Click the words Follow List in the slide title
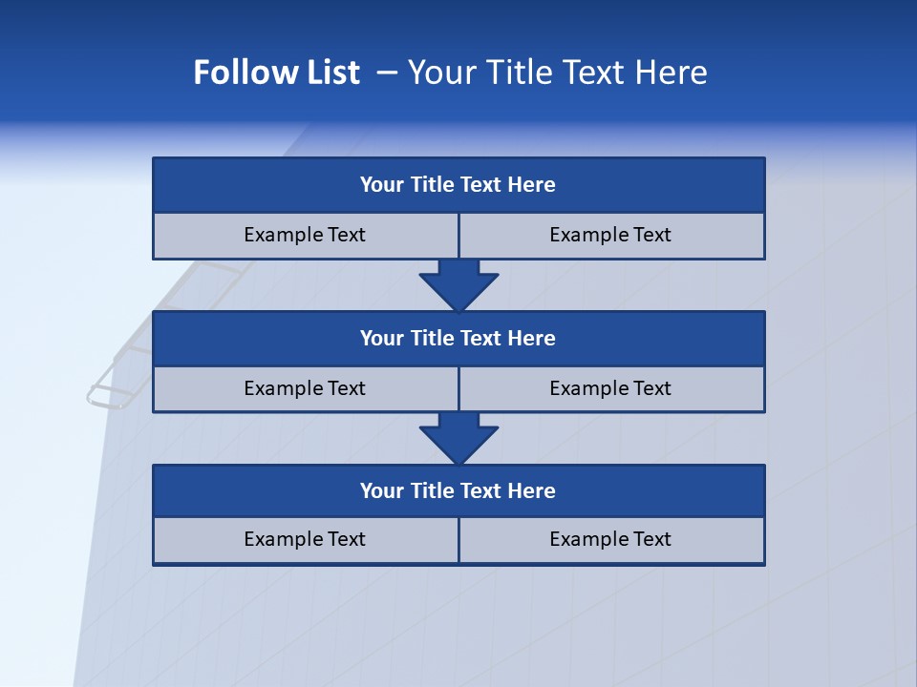(x=276, y=73)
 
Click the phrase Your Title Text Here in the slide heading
(x=558, y=73)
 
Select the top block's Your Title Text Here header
(x=458, y=185)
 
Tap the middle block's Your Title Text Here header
(x=458, y=338)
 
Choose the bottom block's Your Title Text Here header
(x=458, y=490)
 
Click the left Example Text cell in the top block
(x=305, y=235)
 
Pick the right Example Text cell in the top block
(x=610, y=235)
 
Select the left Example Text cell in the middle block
(x=305, y=388)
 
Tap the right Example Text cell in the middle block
(x=610, y=388)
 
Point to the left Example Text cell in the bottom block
(x=305, y=539)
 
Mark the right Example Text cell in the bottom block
(x=610, y=539)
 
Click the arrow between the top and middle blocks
(x=458, y=285)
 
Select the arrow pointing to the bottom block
(x=458, y=438)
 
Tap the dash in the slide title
(x=387, y=73)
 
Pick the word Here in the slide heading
(x=670, y=73)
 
